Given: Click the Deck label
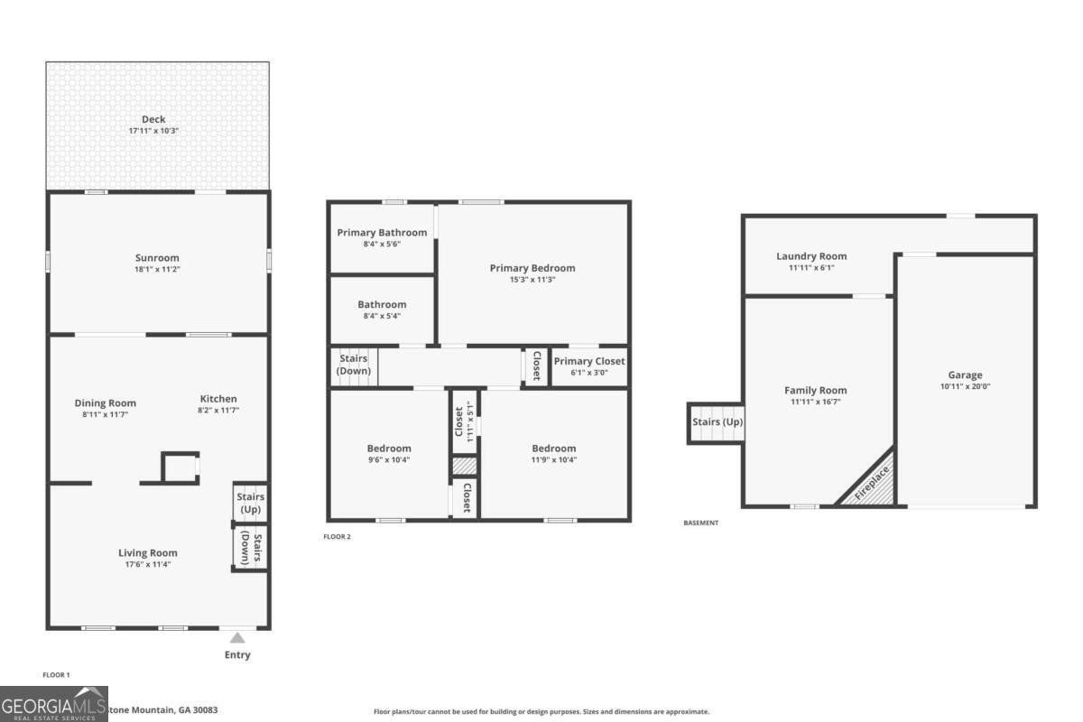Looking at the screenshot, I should click(x=153, y=119).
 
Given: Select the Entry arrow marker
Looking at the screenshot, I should click(x=236, y=638).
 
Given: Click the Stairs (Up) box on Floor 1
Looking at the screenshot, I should click(x=249, y=503).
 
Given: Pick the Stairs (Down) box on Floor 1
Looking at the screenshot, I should click(x=249, y=547).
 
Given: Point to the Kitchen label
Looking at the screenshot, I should click(x=218, y=399).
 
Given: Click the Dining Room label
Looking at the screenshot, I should click(x=105, y=403).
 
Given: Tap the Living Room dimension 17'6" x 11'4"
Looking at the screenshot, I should click(x=147, y=564).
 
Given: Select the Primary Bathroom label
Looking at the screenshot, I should click(x=382, y=233).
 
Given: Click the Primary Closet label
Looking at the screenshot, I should click(x=589, y=361).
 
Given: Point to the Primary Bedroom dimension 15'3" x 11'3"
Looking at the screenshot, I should click(x=532, y=279).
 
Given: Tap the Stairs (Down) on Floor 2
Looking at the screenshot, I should click(x=353, y=366).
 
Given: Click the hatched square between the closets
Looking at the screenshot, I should click(x=464, y=466).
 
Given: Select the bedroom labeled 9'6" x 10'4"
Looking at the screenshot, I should click(x=389, y=454).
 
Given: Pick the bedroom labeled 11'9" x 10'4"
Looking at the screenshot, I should click(x=553, y=454).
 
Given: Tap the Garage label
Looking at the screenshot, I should click(x=965, y=375).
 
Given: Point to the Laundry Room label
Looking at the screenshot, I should click(x=811, y=256).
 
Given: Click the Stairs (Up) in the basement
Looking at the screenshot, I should click(x=717, y=422).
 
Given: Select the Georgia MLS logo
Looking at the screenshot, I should click(x=53, y=704).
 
